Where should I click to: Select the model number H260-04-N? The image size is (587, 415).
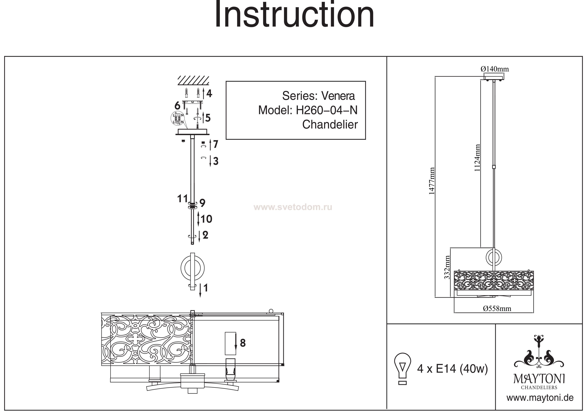pyautogui.click(x=326, y=110)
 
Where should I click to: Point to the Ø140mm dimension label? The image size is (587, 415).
pyautogui.click(x=494, y=69)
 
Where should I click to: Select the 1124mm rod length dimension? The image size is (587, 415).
pyautogui.click(x=477, y=158)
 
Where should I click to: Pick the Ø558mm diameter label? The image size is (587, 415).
pyautogui.click(x=497, y=309)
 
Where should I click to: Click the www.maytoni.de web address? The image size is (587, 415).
pyautogui.click(x=540, y=398)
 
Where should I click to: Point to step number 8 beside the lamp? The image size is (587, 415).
pyautogui.click(x=243, y=343)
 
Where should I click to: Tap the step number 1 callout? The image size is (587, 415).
pyautogui.click(x=205, y=288)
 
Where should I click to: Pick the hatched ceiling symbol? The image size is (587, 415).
pyautogui.click(x=193, y=80)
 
